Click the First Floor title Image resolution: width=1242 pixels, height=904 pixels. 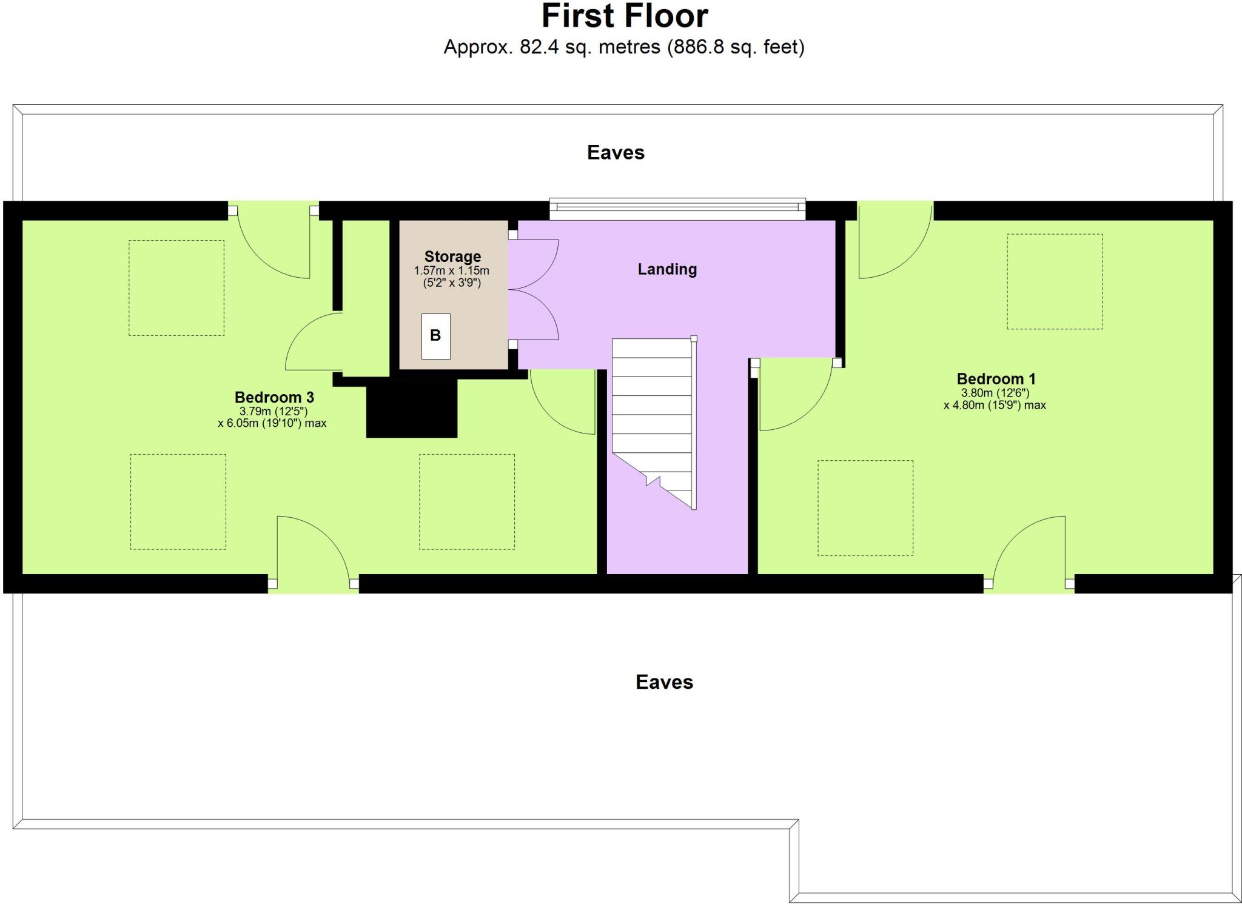(624, 16)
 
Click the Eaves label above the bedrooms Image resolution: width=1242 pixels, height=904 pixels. (616, 152)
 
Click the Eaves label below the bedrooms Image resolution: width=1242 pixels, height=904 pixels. (664, 682)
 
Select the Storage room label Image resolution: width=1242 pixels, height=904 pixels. (452, 256)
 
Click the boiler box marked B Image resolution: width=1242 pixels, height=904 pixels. (435, 336)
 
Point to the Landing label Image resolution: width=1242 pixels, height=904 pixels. (667, 269)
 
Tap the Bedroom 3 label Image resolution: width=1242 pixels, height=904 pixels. (274, 398)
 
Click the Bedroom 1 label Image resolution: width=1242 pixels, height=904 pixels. (996, 379)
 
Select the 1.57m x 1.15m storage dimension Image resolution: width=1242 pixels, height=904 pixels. (451, 270)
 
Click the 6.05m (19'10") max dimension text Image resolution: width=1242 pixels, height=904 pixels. (272, 423)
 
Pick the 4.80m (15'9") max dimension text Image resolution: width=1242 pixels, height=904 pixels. (995, 405)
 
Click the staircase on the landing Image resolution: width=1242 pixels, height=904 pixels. (654, 418)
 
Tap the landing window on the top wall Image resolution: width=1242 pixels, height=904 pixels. (677, 209)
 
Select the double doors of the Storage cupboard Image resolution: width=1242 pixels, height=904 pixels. (532, 289)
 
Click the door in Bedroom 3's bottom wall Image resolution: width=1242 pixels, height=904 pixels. (313, 552)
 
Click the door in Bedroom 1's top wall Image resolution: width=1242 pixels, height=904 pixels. (895, 243)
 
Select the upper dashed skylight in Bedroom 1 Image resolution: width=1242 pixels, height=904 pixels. (1054, 282)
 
